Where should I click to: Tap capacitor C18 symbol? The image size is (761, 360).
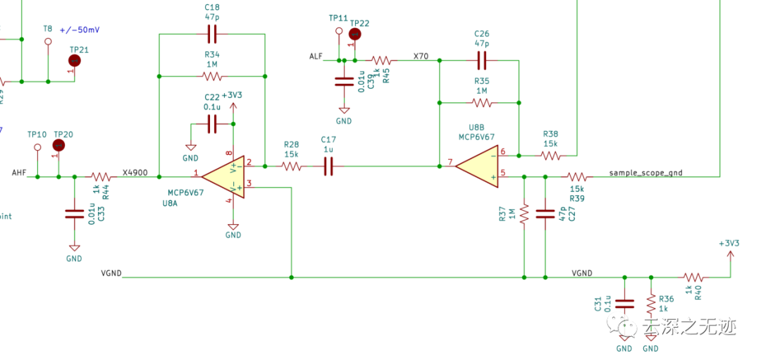click(x=211, y=33)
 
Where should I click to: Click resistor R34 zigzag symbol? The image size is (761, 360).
click(x=211, y=76)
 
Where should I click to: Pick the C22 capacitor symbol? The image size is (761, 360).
click(x=211, y=125)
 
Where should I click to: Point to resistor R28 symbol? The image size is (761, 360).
click(x=292, y=166)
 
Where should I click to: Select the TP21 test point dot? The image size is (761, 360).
click(x=75, y=61)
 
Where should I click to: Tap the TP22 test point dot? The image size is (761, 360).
click(x=355, y=34)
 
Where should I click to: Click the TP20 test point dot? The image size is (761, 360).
click(x=59, y=145)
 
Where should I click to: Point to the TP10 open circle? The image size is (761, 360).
click(x=37, y=147)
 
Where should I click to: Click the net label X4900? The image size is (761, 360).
click(x=135, y=172)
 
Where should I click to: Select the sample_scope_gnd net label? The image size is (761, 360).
click(x=645, y=172)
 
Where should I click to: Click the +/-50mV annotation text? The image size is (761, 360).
click(x=80, y=30)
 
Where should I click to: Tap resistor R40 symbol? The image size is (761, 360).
click(x=692, y=278)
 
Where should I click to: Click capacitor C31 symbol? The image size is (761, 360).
click(x=624, y=304)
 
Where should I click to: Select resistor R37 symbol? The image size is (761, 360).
click(x=524, y=214)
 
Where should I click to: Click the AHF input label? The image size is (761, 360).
click(x=19, y=172)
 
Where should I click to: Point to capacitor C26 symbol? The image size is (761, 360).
click(x=482, y=59)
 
